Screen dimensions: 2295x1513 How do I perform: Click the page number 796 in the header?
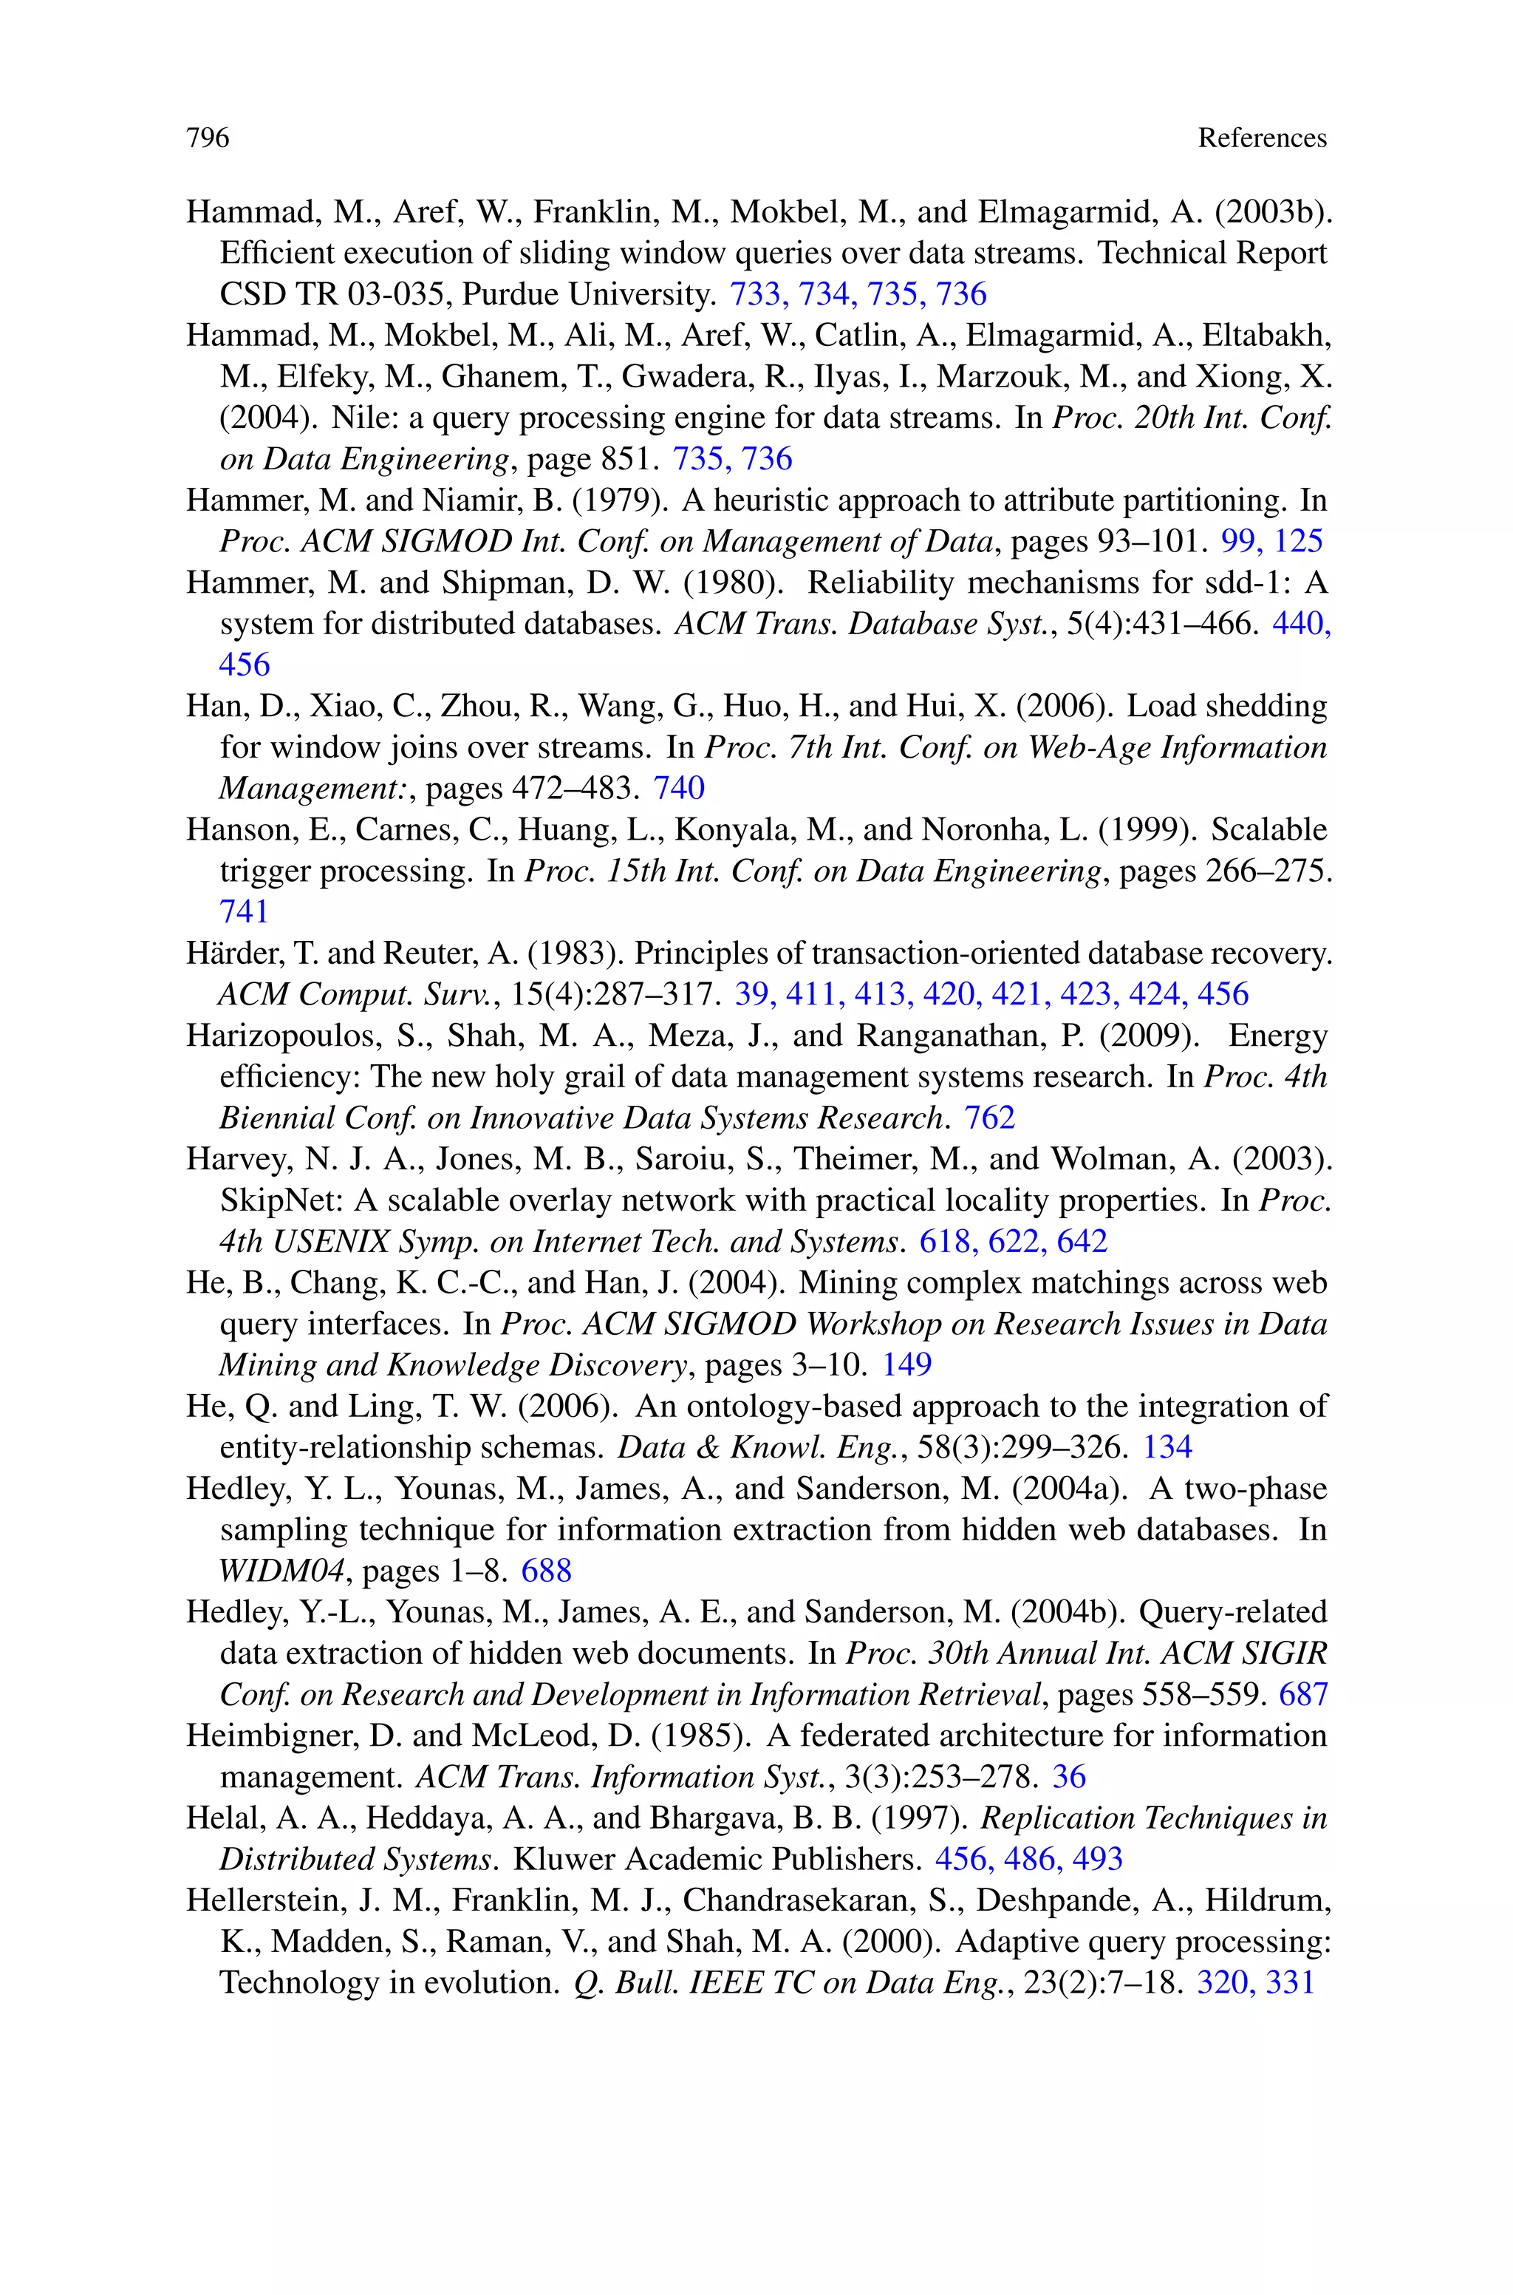208,138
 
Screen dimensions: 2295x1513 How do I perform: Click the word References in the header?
1261,138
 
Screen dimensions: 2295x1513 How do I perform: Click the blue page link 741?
244,911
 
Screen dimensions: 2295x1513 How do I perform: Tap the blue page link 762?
989,1118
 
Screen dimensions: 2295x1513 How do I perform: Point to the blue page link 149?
907,1364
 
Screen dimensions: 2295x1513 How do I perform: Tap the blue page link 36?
1069,1777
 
